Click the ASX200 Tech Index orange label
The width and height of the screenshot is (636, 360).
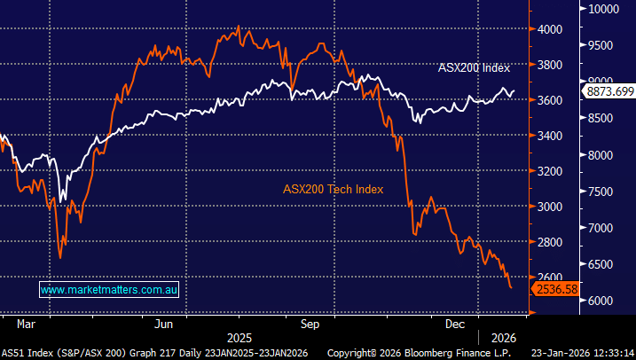pyautogui.click(x=334, y=188)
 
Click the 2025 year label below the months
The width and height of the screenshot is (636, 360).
pyautogui.click(x=239, y=338)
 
